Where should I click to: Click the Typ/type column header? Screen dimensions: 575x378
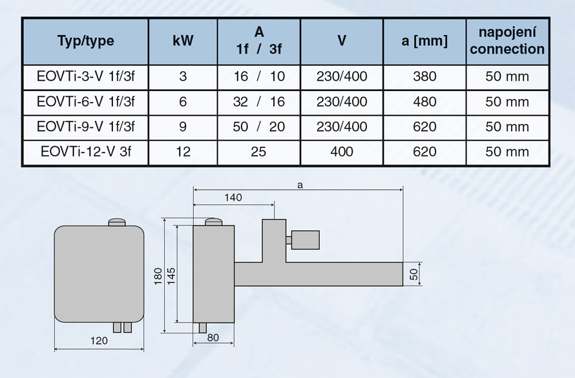[86, 41]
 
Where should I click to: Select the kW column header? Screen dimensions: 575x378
[183, 40]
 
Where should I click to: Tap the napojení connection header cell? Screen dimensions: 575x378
[507, 41]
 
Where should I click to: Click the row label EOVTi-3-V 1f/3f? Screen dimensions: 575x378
[86, 76]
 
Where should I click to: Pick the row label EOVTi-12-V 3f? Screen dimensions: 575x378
[86, 151]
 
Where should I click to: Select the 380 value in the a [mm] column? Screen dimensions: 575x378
[424, 76]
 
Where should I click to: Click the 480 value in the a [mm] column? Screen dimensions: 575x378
[424, 101]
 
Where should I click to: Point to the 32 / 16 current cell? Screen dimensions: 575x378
[259, 101]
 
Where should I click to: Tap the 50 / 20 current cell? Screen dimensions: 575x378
[259, 127]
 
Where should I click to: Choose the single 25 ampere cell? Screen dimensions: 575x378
[258, 151]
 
